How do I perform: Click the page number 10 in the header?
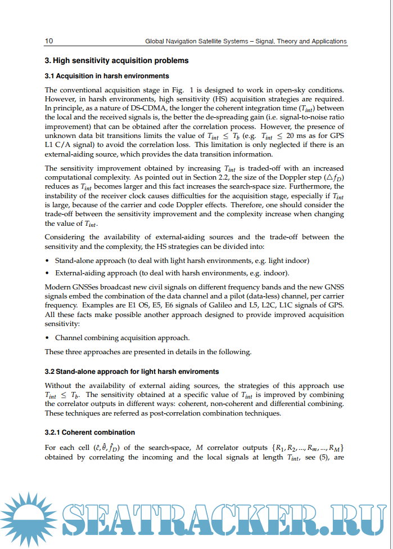(x=49, y=41)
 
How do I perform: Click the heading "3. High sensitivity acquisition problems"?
(x=116, y=61)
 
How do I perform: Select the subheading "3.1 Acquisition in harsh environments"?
(x=107, y=76)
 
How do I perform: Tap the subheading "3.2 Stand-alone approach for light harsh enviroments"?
(x=132, y=372)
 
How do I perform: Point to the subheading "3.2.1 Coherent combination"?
(x=89, y=432)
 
